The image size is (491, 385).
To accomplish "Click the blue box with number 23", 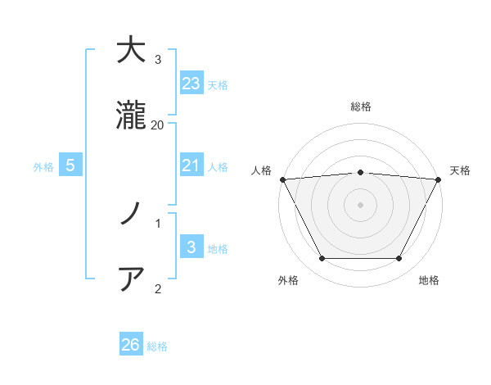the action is click(191, 84).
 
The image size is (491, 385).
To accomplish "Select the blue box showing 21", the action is click(191, 165).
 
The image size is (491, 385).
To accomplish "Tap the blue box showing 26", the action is click(131, 345).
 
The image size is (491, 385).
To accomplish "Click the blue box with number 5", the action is click(70, 165).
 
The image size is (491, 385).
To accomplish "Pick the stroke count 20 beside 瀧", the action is click(158, 125).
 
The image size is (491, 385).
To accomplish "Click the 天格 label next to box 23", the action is click(218, 85).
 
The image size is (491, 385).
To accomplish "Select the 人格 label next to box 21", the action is click(218, 167).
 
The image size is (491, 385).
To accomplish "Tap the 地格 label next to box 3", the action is click(218, 249).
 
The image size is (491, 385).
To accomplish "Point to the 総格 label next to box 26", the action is click(157, 346).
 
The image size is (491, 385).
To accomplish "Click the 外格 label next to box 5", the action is click(43, 167).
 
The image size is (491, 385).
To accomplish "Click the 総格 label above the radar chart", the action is click(360, 106).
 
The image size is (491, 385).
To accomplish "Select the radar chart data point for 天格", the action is click(439, 179).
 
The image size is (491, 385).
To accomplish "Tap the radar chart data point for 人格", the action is click(282, 179).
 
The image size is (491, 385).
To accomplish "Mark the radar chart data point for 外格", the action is click(322, 259).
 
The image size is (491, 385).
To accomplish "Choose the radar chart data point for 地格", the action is click(399, 259).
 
